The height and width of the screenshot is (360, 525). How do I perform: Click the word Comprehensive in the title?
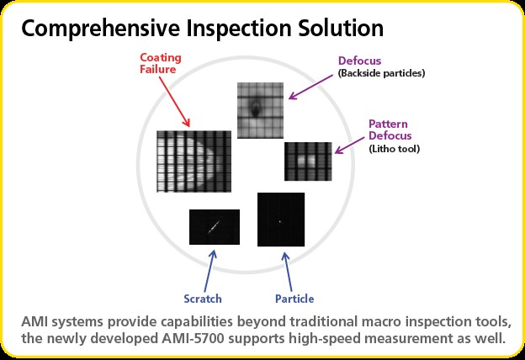point(102,29)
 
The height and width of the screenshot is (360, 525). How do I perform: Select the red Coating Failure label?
point(161,63)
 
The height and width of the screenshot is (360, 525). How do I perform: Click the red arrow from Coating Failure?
point(174,102)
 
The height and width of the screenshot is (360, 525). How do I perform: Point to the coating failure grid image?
point(194,161)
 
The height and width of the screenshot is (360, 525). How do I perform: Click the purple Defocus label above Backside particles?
point(359,61)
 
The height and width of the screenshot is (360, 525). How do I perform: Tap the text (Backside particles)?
point(381,73)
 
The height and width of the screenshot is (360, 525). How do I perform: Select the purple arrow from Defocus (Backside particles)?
point(310,87)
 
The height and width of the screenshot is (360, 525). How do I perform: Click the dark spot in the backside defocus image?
point(256,109)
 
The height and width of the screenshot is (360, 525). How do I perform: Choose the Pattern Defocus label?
point(390,130)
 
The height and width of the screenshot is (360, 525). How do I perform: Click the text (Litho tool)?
point(394,149)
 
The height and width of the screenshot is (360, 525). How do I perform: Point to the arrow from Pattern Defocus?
point(349,146)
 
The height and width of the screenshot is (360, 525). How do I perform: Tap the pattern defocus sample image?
point(308,161)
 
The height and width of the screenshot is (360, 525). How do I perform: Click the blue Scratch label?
point(203,299)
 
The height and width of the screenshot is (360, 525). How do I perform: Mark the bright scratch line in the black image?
point(214,227)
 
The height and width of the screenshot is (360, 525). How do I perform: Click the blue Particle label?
point(294,299)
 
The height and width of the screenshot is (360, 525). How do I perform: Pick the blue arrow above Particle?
point(287,272)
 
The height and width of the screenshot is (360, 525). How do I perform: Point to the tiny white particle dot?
point(280,221)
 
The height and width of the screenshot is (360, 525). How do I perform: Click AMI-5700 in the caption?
point(193,339)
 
